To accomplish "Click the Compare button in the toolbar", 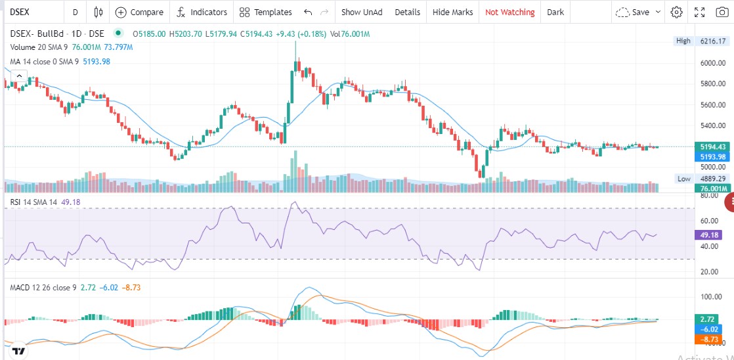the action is pyautogui.click(x=139, y=12).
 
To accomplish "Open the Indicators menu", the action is pyautogui.click(x=202, y=12).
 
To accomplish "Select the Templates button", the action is pyautogui.click(x=265, y=12).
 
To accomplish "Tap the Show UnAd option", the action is pyautogui.click(x=362, y=12).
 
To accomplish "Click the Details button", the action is pyautogui.click(x=407, y=12).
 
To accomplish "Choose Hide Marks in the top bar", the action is pyautogui.click(x=452, y=12).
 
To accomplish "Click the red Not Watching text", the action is pyautogui.click(x=509, y=12).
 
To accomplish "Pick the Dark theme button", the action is pyautogui.click(x=555, y=12).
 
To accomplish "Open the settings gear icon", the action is pyautogui.click(x=676, y=12).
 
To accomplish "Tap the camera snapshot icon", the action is pyautogui.click(x=722, y=12).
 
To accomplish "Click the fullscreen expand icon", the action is pyautogui.click(x=699, y=12).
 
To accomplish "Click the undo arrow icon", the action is pyautogui.click(x=307, y=12).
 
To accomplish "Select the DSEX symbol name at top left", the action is pyautogui.click(x=20, y=12).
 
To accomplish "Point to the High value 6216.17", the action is pyautogui.click(x=713, y=41).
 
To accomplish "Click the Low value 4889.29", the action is pyautogui.click(x=713, y=179).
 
